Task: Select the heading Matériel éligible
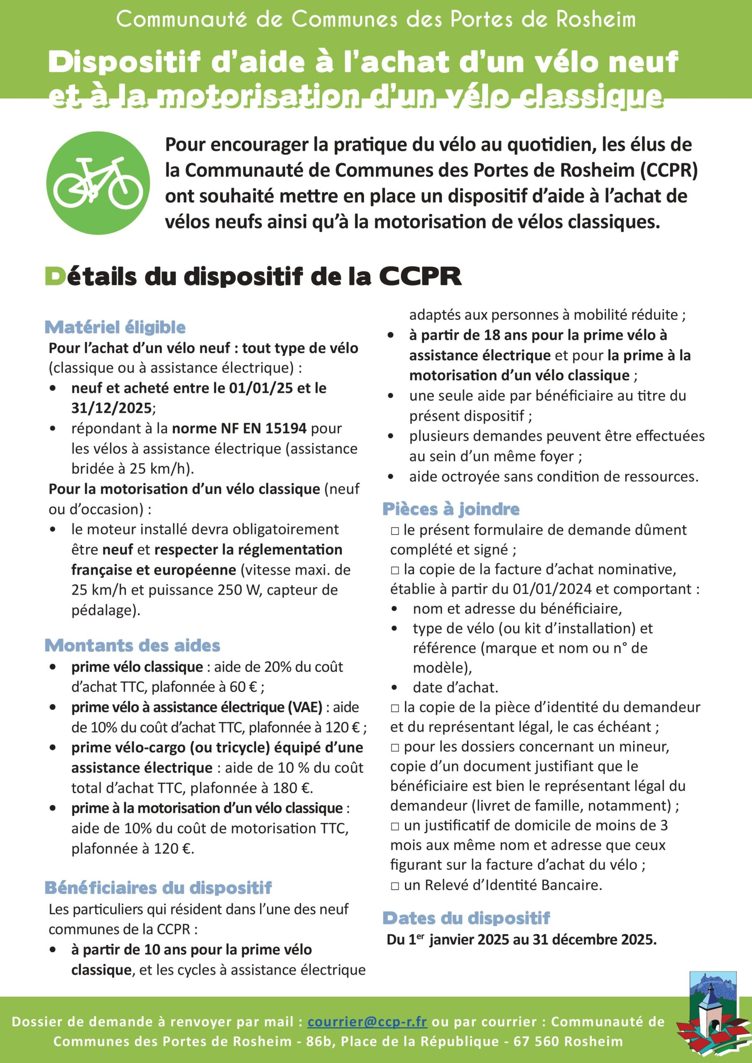(x=115, y=327)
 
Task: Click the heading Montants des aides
(x=132, y=645)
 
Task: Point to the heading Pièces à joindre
(x=451, y=509)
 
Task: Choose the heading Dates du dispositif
(x=466, y=918)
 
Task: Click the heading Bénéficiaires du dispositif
(x=158, y=887)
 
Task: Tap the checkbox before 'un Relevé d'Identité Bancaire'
(x=394, y=886)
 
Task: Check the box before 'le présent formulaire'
(x=394, y=531)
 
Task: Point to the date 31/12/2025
(x=111, y=408)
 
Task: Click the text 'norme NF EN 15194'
(x=239, y=428)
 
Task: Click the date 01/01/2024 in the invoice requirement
(x=551, y=589)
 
